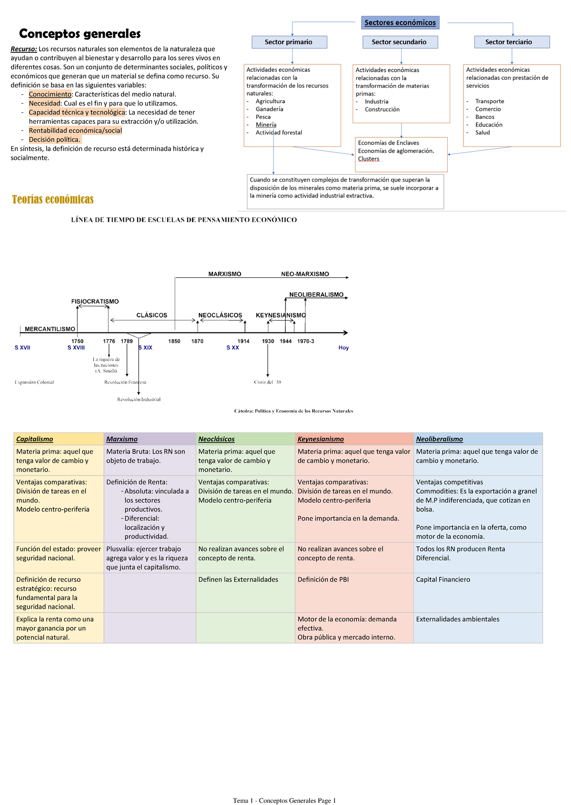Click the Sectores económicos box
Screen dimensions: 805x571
(x=400, y=23)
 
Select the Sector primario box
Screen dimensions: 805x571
(x=289, y=42)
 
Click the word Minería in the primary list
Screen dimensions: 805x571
(x=266, y=125)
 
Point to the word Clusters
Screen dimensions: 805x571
(x=369, y=159)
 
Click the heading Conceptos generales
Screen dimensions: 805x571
(x=79, y=34)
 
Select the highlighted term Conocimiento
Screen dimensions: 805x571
(x=50, y=94)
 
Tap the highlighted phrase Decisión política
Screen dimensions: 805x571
(x=55, y=139)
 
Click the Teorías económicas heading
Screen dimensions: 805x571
(x=53, y=199)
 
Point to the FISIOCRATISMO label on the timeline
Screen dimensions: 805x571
(x=95, y=301)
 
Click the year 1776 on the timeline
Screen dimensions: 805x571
(x=109, y=341)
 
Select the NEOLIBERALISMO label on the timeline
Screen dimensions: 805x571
(x=316, y=295)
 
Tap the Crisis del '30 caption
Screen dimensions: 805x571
(x=267, y=382)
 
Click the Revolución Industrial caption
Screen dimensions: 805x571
(x=139, y=399)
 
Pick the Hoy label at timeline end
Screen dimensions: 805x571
(x=344, y=348)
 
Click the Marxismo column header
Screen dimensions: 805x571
(x=122, y=439)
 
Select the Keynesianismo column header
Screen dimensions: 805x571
(x=321, y=439)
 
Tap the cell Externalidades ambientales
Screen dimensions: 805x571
(x=458, y=619)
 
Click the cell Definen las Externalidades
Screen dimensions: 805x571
(x=238, y=579)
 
